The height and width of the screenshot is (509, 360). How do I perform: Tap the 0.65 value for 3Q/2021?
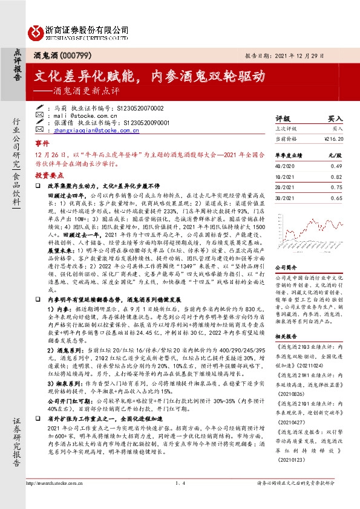pyautogui.click(x=336, y=198)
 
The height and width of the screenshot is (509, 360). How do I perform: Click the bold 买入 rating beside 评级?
pyautogui.click(x=335, y=119)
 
